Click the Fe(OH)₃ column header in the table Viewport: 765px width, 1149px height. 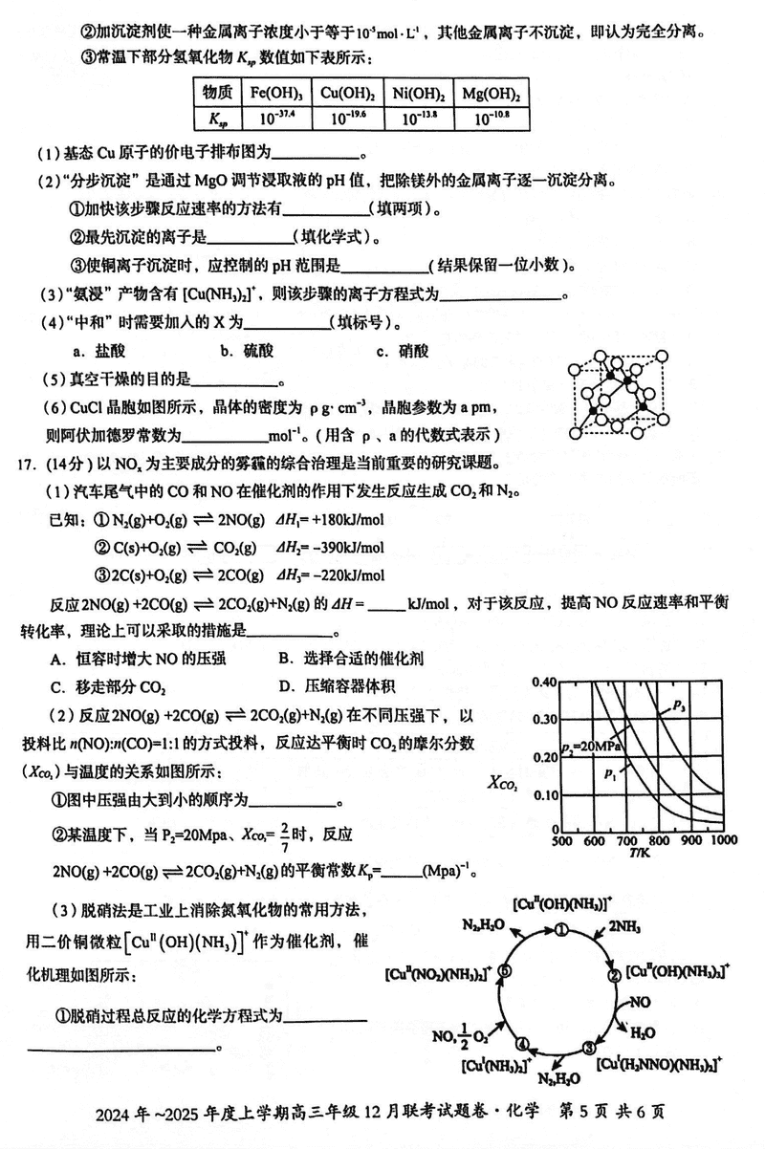coord(278,94)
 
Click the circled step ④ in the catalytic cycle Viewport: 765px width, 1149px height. coord(523,1043)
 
